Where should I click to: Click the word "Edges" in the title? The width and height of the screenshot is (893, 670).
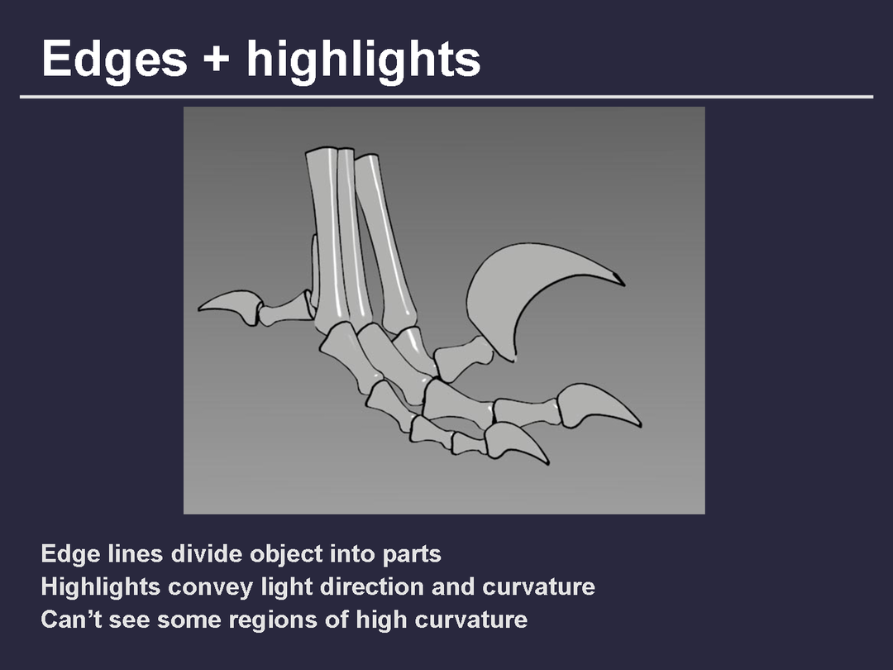click(x=114, y=60)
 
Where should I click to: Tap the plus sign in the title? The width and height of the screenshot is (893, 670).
click(x=217, y=59)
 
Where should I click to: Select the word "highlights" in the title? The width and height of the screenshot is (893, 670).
click(x=363, y=60)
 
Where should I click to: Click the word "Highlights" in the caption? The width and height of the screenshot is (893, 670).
click(x=100, y=587)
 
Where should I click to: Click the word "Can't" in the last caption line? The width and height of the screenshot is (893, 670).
click(x=71, y=620)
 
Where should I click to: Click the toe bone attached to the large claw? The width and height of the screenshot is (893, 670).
click(x=462, y=358)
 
